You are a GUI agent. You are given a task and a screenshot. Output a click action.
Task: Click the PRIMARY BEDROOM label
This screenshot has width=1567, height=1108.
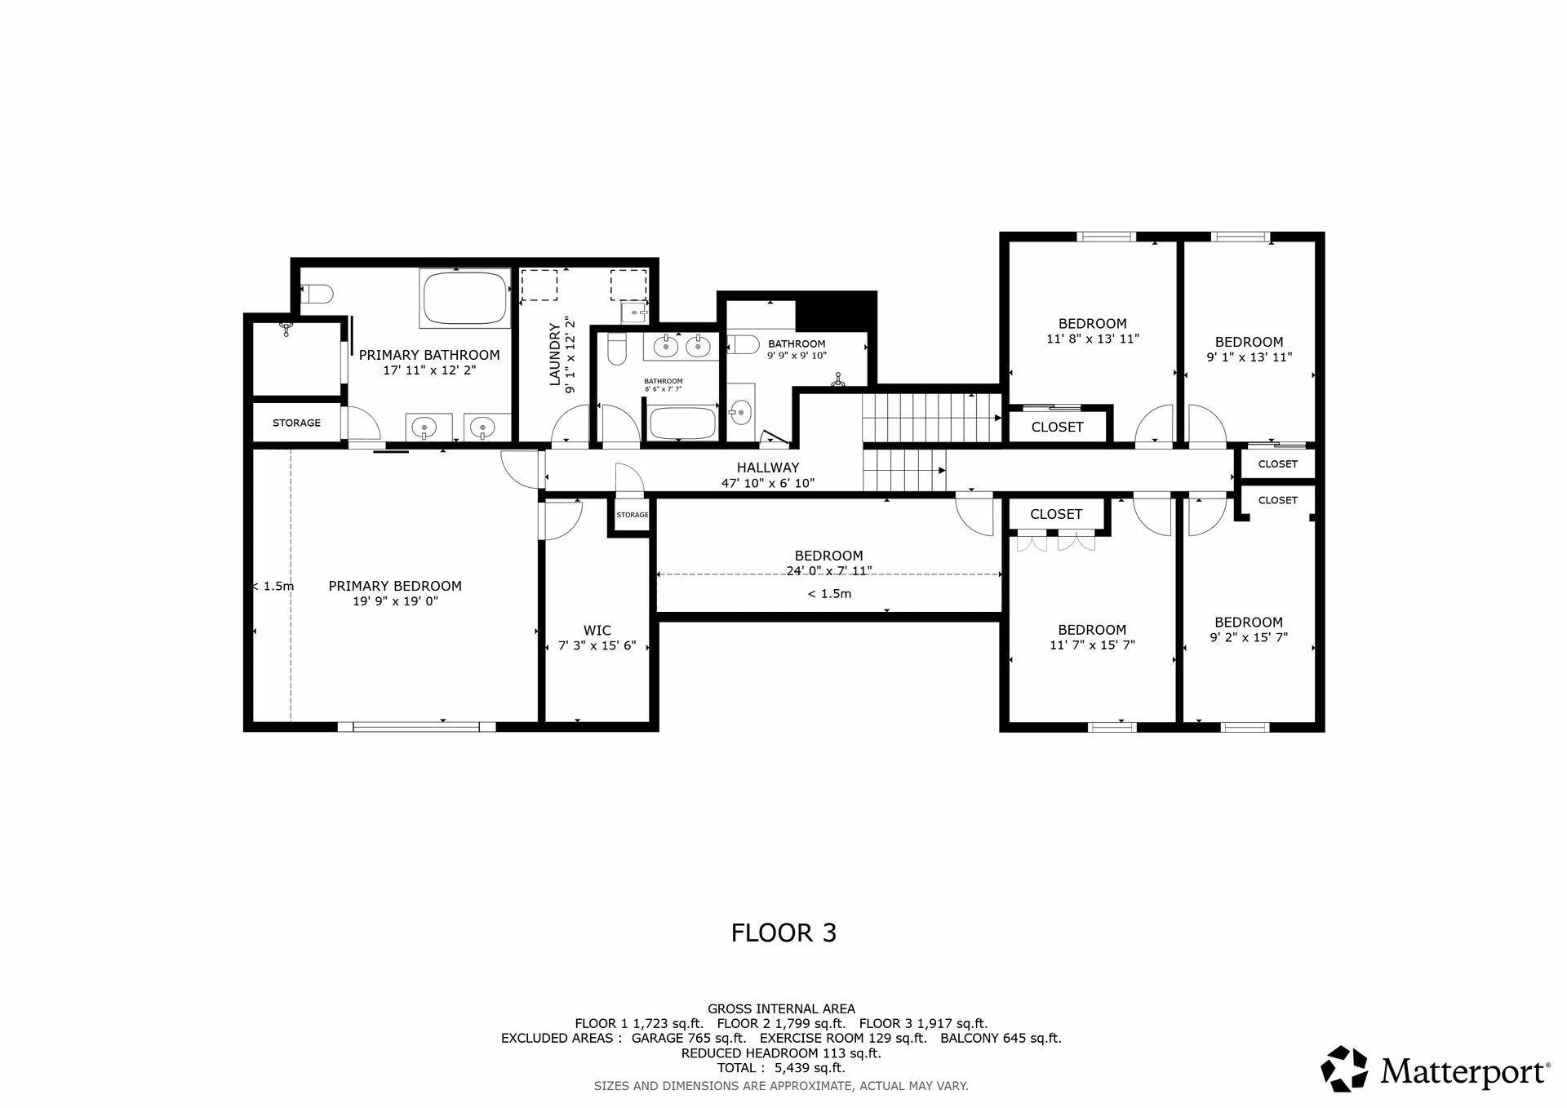[x=395, y=586]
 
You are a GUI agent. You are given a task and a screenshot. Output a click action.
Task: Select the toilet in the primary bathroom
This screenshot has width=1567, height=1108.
[x=317, y=294]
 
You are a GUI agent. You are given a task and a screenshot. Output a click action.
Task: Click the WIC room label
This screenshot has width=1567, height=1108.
[x=597, y=630]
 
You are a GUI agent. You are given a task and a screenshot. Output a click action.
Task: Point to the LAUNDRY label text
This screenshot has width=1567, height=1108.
[x=555, y=354]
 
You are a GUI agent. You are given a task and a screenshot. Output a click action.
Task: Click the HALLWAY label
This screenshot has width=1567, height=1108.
[x=768, y=468]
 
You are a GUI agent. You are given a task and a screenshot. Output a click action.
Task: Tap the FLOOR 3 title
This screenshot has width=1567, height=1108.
[x=783, y=933]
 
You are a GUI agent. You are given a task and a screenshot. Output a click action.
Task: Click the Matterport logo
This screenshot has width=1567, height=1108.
[x=1436, y=1069]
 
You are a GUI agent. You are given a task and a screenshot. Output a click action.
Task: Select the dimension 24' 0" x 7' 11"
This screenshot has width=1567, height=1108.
[x=828, y=571]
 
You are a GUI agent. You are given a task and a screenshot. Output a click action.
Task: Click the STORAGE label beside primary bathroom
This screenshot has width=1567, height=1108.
[x=296, y=423]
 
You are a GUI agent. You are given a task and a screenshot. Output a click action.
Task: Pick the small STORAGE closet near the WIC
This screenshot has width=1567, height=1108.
[x=632, y=515]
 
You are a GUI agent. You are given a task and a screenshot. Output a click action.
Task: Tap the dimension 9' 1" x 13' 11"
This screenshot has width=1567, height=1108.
[x=1249, y=357]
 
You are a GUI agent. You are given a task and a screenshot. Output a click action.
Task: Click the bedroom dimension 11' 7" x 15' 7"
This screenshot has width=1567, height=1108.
[x=1092, y=645]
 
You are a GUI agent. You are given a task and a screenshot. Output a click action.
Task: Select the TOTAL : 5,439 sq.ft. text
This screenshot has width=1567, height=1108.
[x=781, y=1068]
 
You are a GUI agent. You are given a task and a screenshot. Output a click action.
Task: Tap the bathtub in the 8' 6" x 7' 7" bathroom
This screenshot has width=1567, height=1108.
[x=682, y=423]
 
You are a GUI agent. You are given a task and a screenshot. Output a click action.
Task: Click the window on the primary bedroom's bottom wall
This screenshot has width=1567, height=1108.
[x=416, y=726]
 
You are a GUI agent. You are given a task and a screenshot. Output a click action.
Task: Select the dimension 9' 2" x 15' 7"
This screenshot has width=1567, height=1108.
[x=1249, y=637]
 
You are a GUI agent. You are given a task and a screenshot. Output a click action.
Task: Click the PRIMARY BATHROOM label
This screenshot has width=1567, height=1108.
[x=429, y=355]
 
